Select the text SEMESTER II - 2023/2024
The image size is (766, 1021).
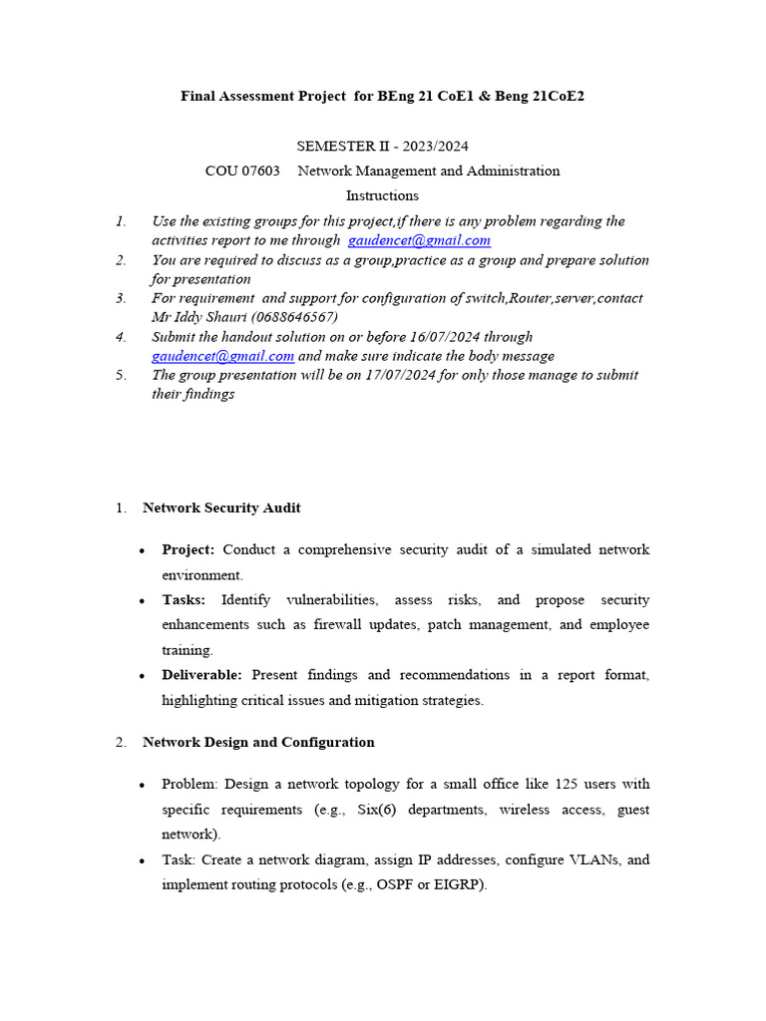tap(382, 146)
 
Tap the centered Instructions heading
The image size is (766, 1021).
tap(382, 195)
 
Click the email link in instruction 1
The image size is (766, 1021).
tap(419, 240)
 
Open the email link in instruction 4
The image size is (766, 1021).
tap(222, 356)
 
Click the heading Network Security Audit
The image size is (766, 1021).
tap(221, 508)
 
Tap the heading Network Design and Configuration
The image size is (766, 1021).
tap(258, 742)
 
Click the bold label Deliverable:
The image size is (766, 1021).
tap(201, 675)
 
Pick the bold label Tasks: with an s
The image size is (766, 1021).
tap(184, 600)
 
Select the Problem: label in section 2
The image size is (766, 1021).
tap(187, 784)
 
